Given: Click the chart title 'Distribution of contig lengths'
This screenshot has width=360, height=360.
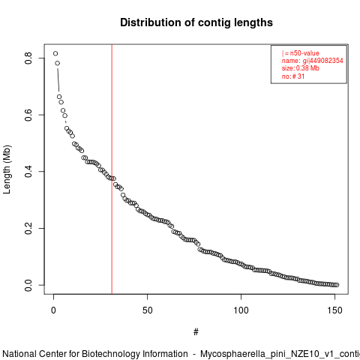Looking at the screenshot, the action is [x=196, y=22].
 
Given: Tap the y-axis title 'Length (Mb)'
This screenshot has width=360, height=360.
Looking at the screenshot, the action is [x=7, y=169].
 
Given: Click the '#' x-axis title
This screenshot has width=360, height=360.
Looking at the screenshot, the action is [x=196, y=332].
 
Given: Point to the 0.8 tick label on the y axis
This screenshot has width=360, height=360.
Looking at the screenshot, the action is [x=28, y=58].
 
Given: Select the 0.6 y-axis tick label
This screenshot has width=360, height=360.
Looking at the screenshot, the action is [x=28, y=115].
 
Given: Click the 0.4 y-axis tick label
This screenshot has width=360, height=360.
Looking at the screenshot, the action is [x=28, y=172].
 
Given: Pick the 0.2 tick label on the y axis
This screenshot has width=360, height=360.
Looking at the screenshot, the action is [x=28, y=228].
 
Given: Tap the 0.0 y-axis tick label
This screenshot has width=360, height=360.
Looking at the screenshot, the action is [x=28, y=285].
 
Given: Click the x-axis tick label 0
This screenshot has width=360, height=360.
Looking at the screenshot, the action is [x=53, y=310].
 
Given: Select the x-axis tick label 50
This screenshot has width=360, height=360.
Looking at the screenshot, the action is [x=148, y=310].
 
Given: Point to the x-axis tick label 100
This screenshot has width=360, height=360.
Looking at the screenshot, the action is [x=241, y=310].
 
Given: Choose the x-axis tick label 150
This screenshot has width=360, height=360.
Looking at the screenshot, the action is [x=334, y=310].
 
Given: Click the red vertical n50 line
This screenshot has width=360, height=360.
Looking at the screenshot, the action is [x=112, y=169].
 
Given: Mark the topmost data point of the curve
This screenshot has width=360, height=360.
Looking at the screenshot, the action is [x=55, y=53].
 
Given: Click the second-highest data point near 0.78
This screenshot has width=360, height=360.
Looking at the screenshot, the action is [x=58, y=63].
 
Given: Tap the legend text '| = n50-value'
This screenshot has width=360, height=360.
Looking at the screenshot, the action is [x=301, y=53].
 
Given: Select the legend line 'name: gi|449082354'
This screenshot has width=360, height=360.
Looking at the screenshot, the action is [x=313, y=61].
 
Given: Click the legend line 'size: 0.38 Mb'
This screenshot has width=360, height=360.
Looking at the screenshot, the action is [x=301, y=68].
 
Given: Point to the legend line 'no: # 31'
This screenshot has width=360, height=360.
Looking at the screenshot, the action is [x=293, y=76].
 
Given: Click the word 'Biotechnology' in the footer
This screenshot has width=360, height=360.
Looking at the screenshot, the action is [x=111, y=354].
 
